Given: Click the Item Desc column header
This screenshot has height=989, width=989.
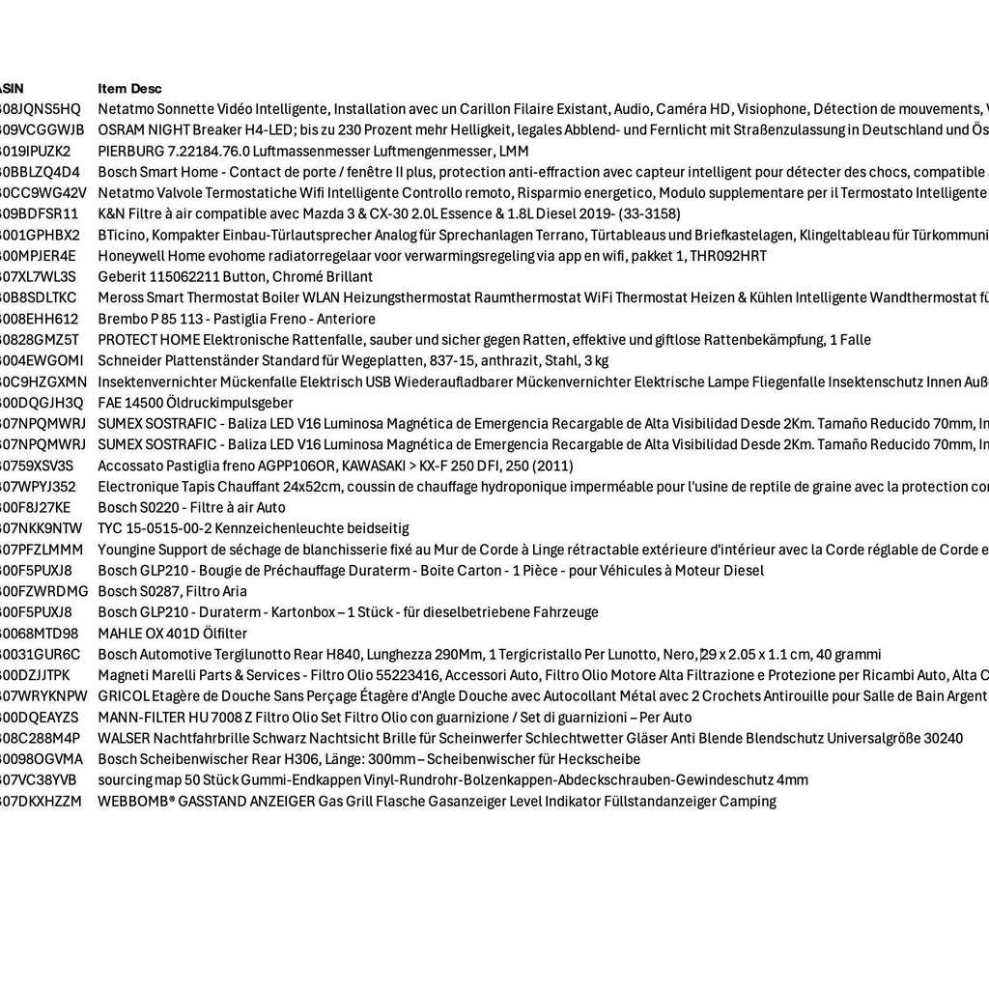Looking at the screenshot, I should [x=129, y=88].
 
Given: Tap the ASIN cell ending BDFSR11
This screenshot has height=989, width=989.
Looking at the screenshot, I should [x=40, y=213].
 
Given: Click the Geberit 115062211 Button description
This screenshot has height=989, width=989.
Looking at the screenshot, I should [x=235, y=276].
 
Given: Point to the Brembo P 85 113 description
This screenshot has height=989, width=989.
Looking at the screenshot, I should [x=237, y=319].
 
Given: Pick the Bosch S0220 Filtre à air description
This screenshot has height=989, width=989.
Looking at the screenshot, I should [x=191, y=507].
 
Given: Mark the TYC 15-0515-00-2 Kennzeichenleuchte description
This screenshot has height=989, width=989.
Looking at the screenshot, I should [x=253, y=528].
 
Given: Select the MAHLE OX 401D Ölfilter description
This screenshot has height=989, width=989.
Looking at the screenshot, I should [x=172, y=634].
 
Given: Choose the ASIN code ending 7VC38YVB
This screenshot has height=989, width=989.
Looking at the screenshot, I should [x=39, y=779].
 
